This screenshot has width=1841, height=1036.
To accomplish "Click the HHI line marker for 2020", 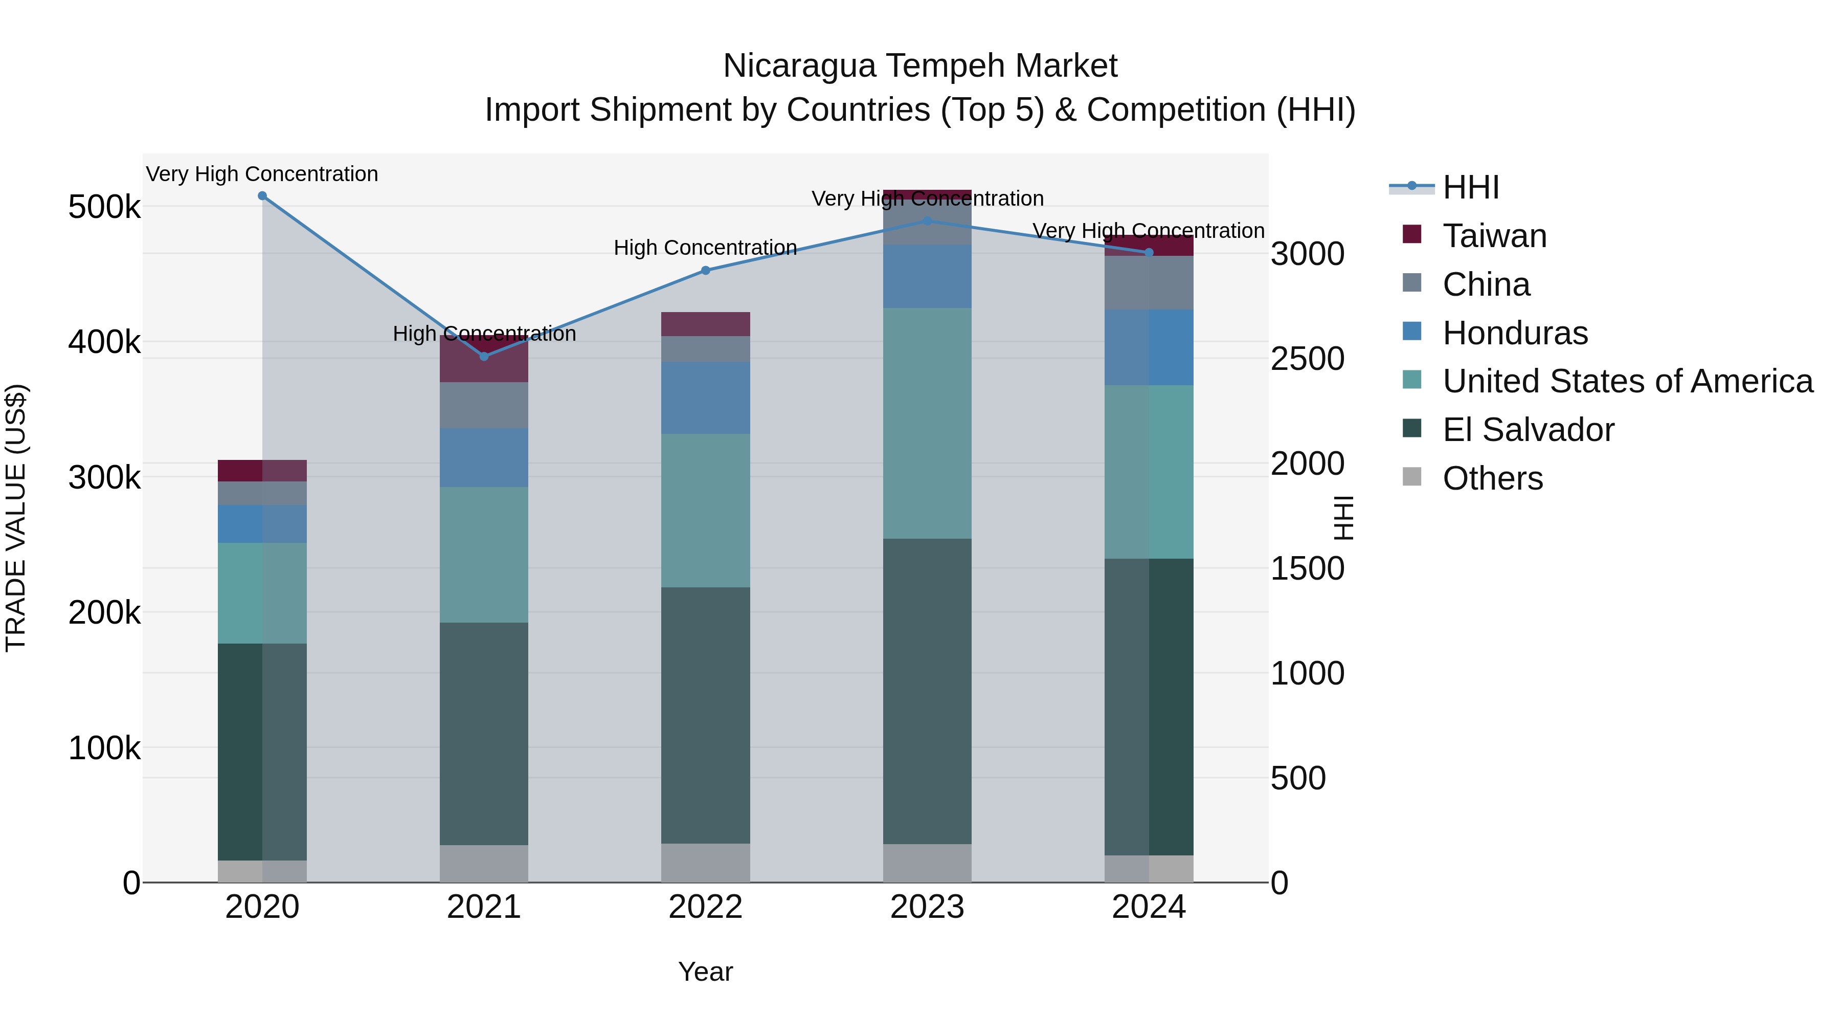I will tap(262, 196).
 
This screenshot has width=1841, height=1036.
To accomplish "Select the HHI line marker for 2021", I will tap(484, 356).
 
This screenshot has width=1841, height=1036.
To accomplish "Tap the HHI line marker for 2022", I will tap(705, 270).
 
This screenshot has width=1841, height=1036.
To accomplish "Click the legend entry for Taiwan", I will tap(1494, 236).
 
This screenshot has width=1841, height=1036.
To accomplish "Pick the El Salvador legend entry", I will tap(1528, 430).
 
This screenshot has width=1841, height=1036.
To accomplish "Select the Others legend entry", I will tap(1492, 478).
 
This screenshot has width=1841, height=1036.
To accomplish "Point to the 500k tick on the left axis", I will tap(104, 207).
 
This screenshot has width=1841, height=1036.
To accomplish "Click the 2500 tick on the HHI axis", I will tap(1307, 359).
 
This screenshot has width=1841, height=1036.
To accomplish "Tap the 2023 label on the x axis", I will tap(927, 907).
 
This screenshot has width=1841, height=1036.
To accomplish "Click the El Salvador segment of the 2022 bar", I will tap(705, 715).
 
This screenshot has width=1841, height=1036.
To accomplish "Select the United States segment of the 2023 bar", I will tap(927, 423).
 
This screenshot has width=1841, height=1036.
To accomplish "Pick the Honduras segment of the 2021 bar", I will tap(484, 457).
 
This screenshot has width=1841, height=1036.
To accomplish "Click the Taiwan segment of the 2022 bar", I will tap(705, 324).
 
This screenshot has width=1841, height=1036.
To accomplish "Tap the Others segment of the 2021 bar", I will tap(484, 864).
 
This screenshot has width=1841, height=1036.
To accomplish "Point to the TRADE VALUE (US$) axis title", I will tap(16, 518).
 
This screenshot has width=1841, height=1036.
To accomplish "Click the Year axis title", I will tap(705, 972).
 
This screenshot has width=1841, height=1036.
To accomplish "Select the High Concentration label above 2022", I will tap(705, 248).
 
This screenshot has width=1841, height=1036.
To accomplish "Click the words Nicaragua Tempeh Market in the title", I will tap(920, 66).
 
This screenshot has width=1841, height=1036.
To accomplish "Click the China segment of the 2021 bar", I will tap(484, 405).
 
